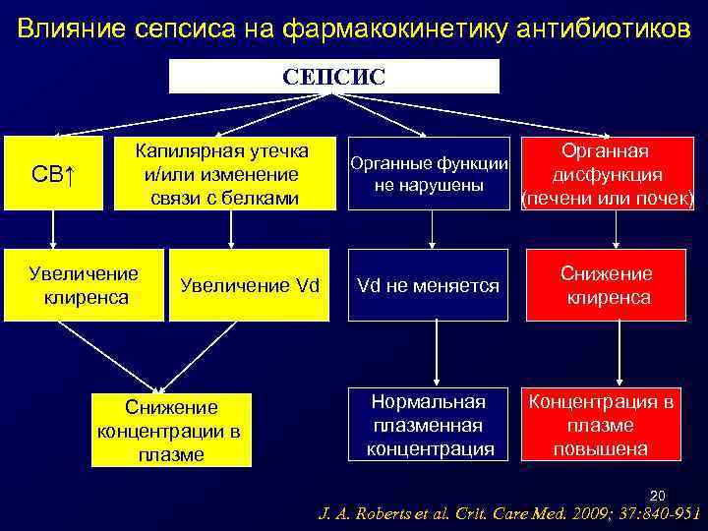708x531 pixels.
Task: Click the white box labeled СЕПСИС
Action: click(x=334, y=76)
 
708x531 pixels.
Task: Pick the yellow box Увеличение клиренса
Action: click(x=85, y=284)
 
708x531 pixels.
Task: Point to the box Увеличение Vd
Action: click(x=249, y=285)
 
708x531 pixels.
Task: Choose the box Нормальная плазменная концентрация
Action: click(x=430, y=425)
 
